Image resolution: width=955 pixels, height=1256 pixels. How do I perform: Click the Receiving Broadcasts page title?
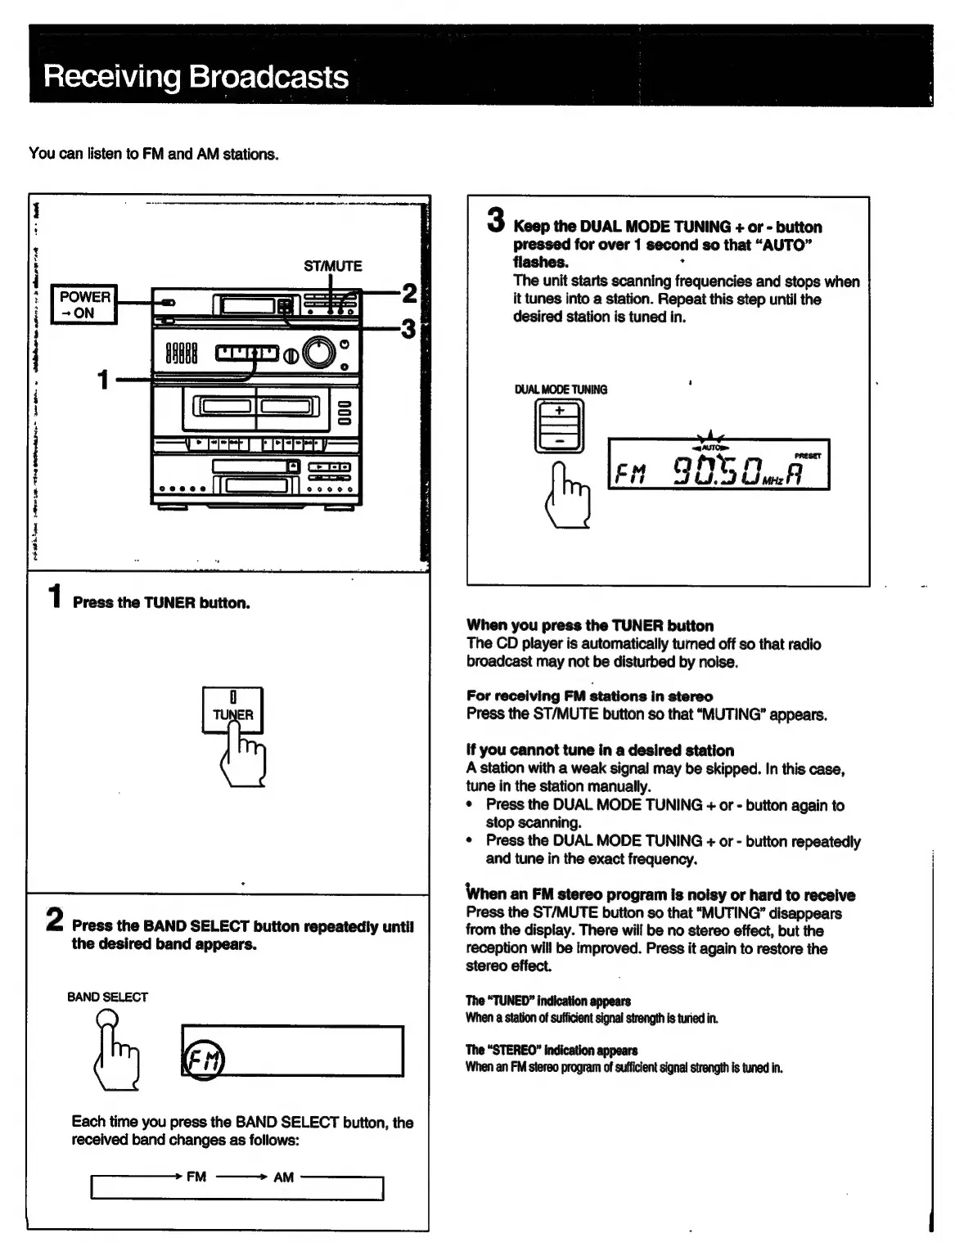point(196,77)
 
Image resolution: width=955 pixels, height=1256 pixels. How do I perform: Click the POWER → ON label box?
point(84,304)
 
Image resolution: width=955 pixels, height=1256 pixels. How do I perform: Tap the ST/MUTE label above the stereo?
point(332,266)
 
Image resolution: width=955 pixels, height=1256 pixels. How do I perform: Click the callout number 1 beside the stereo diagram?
point(103,380)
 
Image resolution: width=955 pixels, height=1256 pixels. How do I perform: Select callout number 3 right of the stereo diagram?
point(408,329)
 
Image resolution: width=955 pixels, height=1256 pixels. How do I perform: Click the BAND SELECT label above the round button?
point(107,997)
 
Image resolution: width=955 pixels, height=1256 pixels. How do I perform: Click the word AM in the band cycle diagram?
point(283,1177)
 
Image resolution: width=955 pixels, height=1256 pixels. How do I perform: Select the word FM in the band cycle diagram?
point(196,1177)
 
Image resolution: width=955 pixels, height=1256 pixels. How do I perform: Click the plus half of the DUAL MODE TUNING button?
point(560,412)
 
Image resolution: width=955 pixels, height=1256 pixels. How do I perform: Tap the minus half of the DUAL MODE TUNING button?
point(560,440)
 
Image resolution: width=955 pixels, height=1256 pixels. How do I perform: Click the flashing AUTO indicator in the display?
point(709,448)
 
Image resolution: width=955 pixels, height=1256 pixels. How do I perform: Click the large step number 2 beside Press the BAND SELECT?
point(54,920)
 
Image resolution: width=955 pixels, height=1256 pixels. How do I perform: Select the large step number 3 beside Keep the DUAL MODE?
point(495,219)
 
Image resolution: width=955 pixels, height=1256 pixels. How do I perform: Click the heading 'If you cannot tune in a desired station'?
point(600,750)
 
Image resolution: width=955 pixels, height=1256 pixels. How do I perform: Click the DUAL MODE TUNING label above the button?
point(561,389)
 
